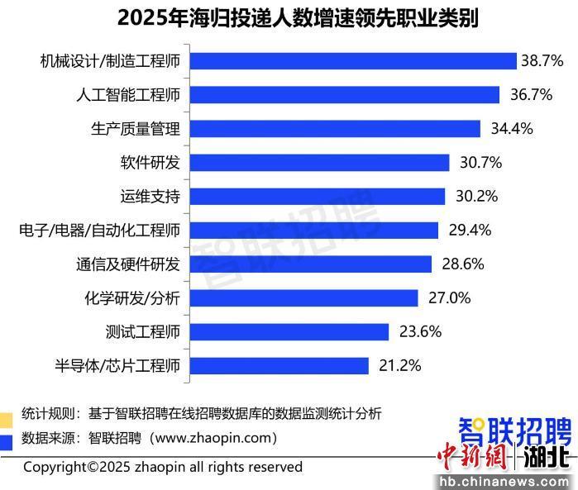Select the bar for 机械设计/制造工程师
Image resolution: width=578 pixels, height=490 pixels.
(x=353, y=61)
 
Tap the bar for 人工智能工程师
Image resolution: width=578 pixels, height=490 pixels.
(x=345, y=95)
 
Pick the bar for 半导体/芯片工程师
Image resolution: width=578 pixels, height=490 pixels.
(x=279, y=365)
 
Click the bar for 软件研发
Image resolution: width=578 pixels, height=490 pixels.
(x=319, y=163)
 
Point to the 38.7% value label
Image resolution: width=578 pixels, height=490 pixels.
(x=542, y=61)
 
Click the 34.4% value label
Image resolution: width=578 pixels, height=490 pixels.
(x=512, y=129)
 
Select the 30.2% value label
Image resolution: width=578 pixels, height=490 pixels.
(x=476, y=197)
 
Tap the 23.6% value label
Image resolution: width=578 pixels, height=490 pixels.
(x=420, y=331)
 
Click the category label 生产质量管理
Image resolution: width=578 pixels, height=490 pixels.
(x=135, y=129)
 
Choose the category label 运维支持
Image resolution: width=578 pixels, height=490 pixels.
(x=150, y=197)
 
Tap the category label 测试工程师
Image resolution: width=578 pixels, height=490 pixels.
(x=143, y=331)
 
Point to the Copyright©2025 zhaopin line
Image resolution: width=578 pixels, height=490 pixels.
(x=163, y=468)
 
